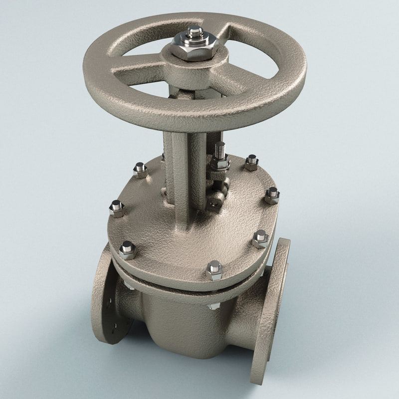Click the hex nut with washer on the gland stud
(x=219, y=163)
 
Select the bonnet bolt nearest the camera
(x=214, y=270)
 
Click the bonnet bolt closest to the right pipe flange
(x=260, y=238)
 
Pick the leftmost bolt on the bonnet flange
(x=117, y=208)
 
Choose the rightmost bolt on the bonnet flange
(x=272, y=196)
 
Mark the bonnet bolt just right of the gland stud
(x=251, y=162)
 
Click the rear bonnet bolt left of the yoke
(x=141, y=170)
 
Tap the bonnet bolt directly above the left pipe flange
(x=128, y=250)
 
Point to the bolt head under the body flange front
(x=213, y=306)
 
